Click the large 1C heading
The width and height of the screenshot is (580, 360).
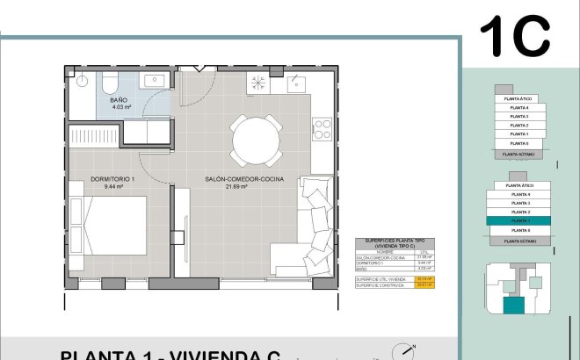(514, 36)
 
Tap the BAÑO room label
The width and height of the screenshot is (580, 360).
(119, 100)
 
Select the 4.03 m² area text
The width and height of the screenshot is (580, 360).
(119, 108)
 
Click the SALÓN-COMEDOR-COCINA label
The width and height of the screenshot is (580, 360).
(234, 179)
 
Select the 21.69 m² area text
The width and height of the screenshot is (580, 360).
(234, 187)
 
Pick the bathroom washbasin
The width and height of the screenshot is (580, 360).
(159, 80)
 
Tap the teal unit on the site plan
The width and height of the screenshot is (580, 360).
(511, 306)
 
